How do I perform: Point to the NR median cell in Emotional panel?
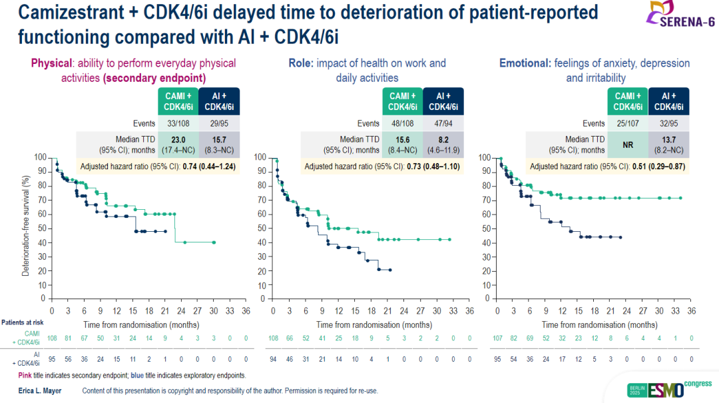click(628, 144)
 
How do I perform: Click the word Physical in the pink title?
click(51, 63)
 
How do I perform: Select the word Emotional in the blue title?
click(525, 63)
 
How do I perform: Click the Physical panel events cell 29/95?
click(218, 123)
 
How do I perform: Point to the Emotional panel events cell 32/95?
click(668, 123)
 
